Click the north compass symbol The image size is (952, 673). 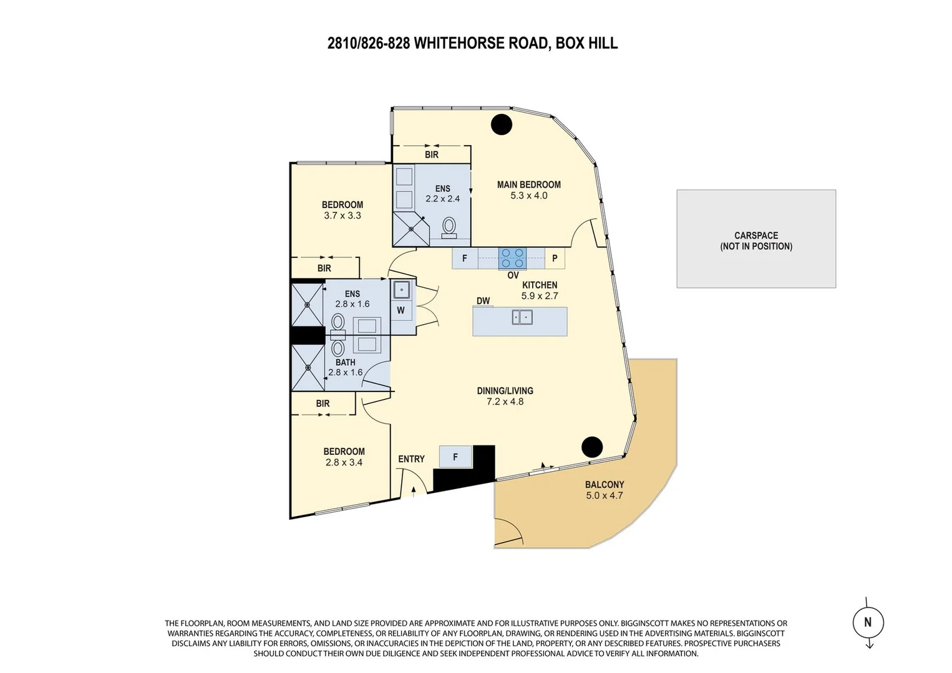point(868,622)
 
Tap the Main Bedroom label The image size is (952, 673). point(528,184)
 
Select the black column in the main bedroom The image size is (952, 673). point(502,125)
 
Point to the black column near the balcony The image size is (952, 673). point(592,447)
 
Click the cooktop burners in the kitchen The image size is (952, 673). point(512,258)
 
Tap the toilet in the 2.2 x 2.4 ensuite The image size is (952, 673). point(449,227)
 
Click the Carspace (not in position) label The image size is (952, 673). point(756,241)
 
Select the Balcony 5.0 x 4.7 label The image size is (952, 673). point(604,490)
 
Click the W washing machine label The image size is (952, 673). point(401,310)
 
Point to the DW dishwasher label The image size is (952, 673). point(483,301)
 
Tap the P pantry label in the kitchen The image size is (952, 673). point(555,258)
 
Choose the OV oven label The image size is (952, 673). point(513,275)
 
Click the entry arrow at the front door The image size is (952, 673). point(413,490)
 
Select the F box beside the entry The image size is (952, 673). point(455,457)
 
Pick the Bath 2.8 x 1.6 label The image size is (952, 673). point(345,367)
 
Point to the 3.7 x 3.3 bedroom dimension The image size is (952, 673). point(342,216)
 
